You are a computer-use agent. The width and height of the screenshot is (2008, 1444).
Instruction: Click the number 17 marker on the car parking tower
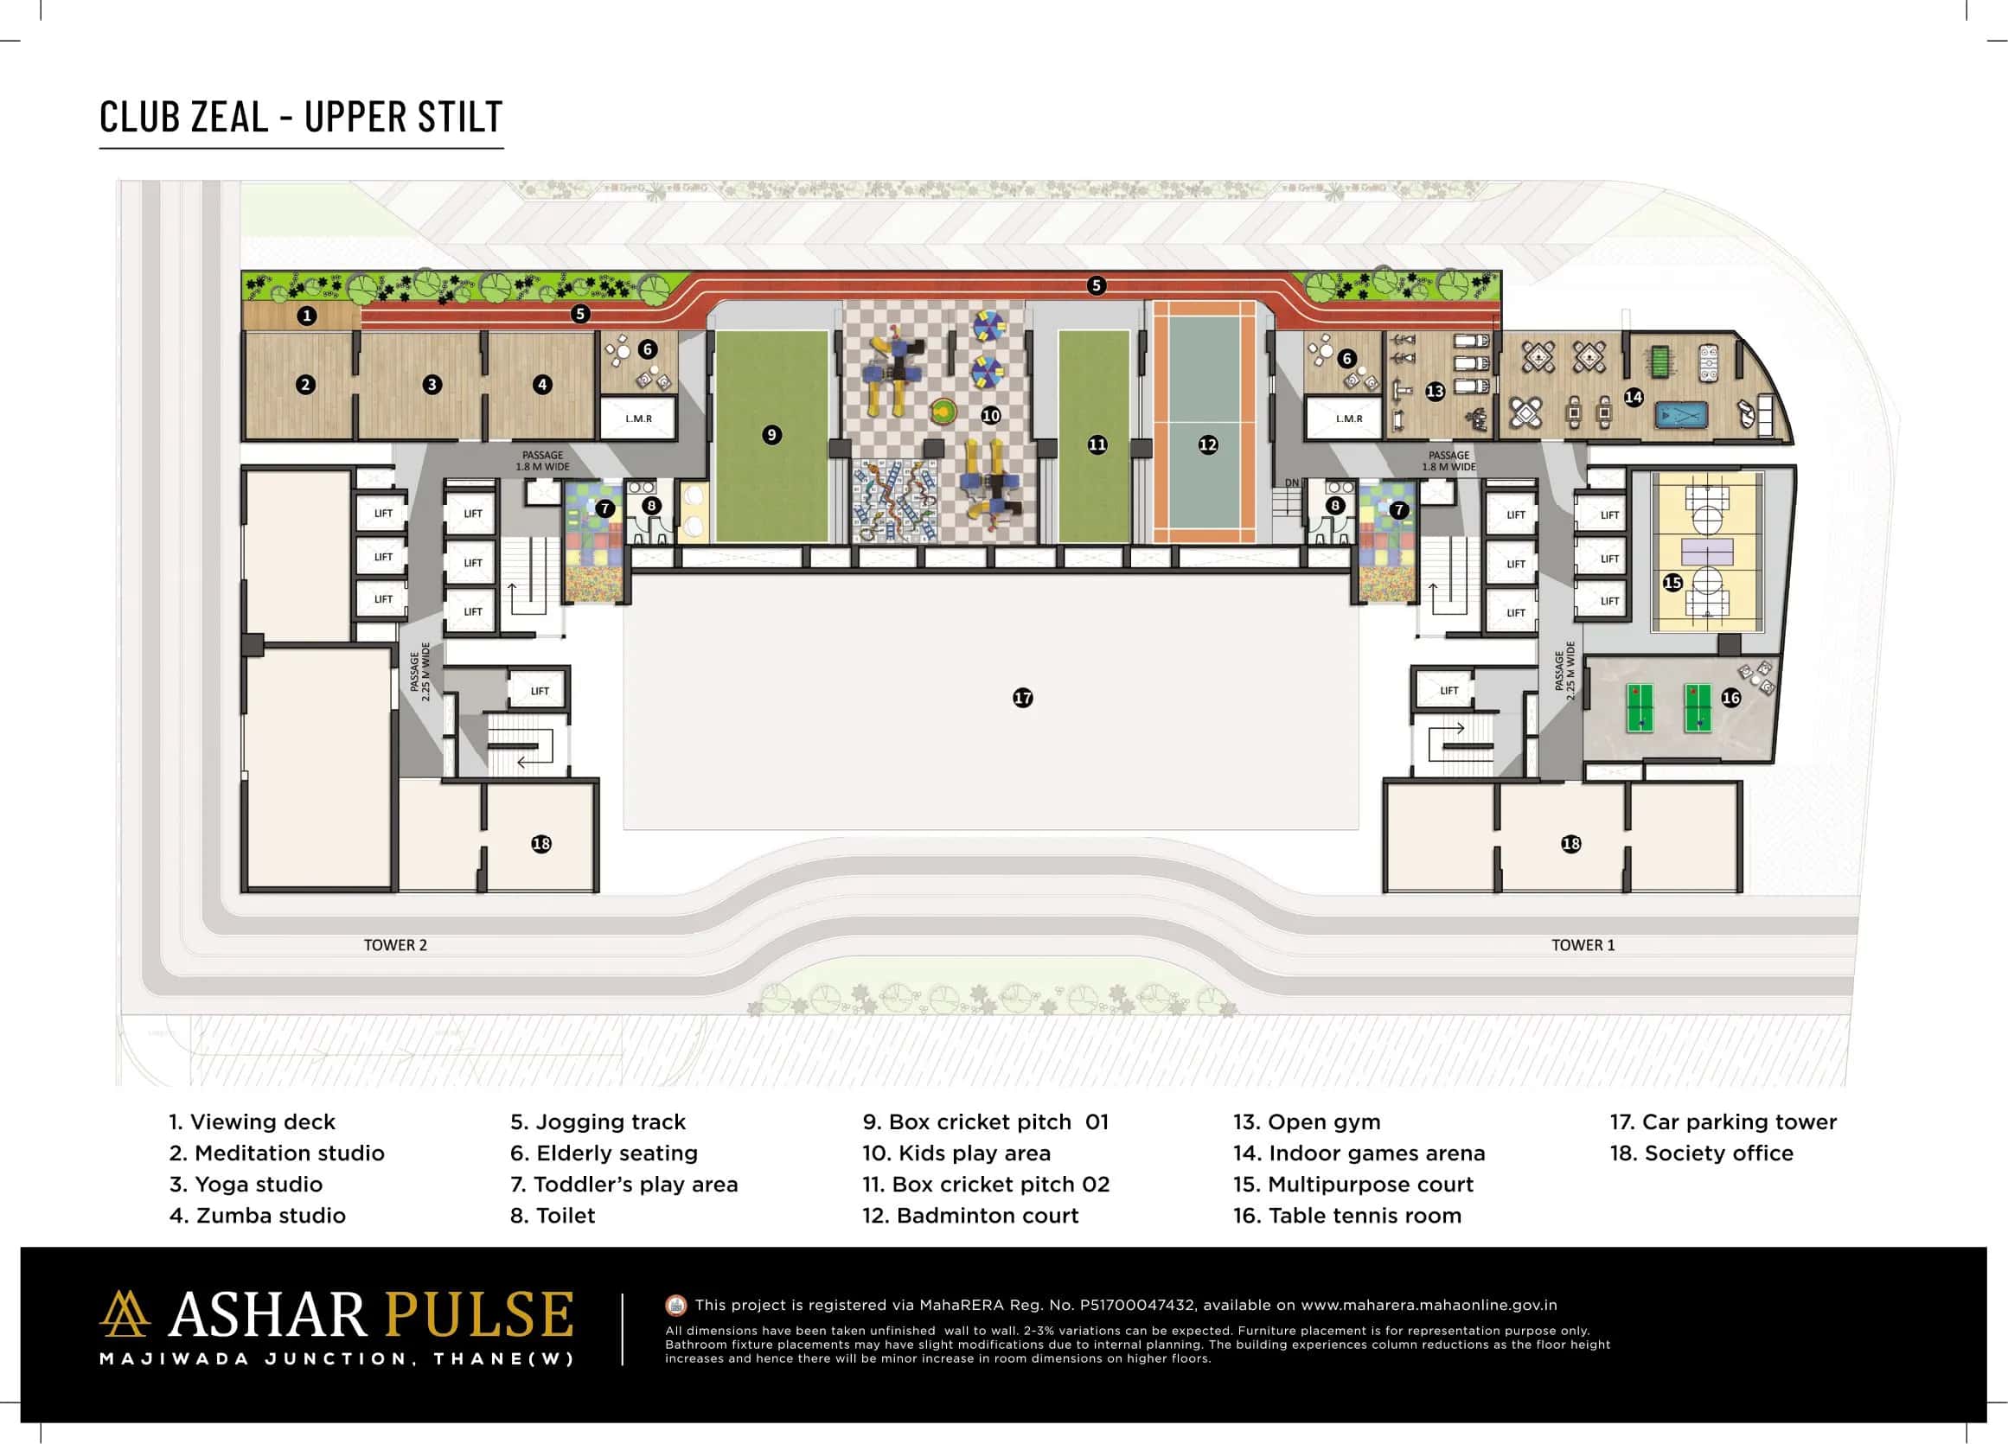pyautogui.click(x=1022, y=698)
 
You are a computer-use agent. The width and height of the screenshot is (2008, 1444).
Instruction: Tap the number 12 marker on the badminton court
pyautogui.click(x=1207, y=444)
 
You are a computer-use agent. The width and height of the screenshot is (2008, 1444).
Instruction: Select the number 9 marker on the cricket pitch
pyautogui.click(x=772, y=435)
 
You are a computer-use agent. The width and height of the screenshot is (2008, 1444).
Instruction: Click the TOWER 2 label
pyautogui.click(x=395, y=945)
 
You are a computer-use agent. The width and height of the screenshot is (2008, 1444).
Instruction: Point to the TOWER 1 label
pyautogui.click(x=1583, y=945)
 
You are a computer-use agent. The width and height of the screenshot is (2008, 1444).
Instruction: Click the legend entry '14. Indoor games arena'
pyautogui.click(x=1359, y=1153)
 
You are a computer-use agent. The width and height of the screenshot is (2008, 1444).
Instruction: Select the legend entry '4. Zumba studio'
pyautogui.click(x=257, y=1215)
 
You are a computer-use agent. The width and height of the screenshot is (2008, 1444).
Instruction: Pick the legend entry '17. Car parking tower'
pyautogui.click(x=1722, y=1121)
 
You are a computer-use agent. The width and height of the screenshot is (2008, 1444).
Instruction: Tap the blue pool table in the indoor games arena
pyautogui.click(x=1681, y=414)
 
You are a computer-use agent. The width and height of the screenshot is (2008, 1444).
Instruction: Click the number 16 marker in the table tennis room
pyautogui.click(x=1731, y=698)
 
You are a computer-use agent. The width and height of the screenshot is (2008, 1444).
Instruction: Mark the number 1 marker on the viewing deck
pyautogui.click(x=306, y=316)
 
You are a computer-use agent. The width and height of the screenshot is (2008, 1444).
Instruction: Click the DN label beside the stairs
pyautogui.click(x=1292, y=482)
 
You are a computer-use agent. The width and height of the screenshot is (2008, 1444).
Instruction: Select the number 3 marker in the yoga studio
pyautogui.click(x=432, y=384)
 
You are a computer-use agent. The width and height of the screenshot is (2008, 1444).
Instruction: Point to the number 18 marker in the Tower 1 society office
pyautogui.click(x=1570, y=844)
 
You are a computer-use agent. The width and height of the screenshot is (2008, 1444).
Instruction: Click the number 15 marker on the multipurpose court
pyautogui.click(x=1672, y=583)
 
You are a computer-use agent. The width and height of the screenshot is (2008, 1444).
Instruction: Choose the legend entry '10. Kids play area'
pyautogui.click(x=956, y=1153)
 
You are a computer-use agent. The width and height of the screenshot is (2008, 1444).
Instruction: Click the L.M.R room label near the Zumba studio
pyautogui.click(x=638, y=419)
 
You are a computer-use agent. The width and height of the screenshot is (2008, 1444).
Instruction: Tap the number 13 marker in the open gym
pyautogui.click(x=1436, y=391)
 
